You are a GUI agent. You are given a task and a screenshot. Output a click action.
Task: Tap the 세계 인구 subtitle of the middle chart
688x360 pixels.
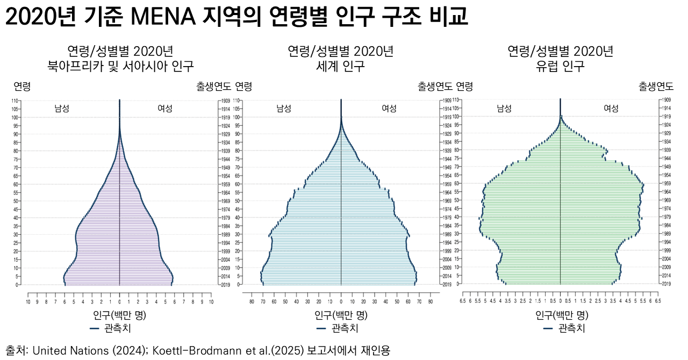point(341,67)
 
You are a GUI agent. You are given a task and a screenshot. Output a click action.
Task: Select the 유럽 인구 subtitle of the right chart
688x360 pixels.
point(561,67)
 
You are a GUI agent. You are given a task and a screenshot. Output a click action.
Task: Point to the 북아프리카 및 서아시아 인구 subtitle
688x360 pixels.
point(120,67)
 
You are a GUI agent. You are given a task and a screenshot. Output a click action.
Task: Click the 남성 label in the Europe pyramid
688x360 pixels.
point(504,108)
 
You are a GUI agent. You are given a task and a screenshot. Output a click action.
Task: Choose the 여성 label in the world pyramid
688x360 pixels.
point(389,108)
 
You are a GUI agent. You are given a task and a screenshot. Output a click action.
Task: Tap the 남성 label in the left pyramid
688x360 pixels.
point(62,108)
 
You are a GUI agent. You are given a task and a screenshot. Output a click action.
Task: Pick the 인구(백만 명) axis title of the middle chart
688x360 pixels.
point(341,315)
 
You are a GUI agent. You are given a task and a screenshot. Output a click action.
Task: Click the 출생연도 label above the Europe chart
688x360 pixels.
point(656,87)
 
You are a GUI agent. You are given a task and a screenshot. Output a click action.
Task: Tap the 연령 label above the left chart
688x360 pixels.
point(22,87)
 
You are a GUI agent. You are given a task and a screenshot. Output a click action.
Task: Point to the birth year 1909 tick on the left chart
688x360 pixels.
point(224,101)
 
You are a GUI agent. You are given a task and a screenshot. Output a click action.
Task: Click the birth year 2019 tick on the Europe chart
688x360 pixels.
point(665,284)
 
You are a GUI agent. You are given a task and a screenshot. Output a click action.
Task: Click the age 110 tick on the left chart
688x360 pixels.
point(16,101)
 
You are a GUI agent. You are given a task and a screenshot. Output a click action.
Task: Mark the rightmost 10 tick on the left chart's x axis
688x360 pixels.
point(211,303)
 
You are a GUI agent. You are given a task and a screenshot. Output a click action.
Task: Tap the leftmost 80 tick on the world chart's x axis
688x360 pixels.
point(252,303)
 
